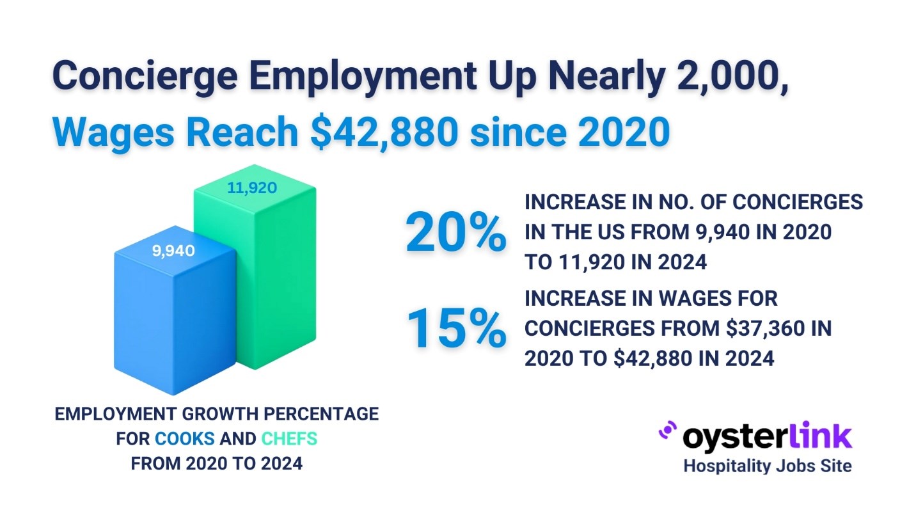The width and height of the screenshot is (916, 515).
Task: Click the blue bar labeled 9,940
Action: coord(173,320)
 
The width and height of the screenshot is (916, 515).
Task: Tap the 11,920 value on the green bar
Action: coord(252,188)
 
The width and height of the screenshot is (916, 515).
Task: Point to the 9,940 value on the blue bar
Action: coord(173,251)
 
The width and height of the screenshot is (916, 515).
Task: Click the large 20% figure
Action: coord(455,234)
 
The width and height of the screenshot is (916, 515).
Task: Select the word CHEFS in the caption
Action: coord(289,440)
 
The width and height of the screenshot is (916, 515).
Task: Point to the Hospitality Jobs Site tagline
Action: coord(768,466)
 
